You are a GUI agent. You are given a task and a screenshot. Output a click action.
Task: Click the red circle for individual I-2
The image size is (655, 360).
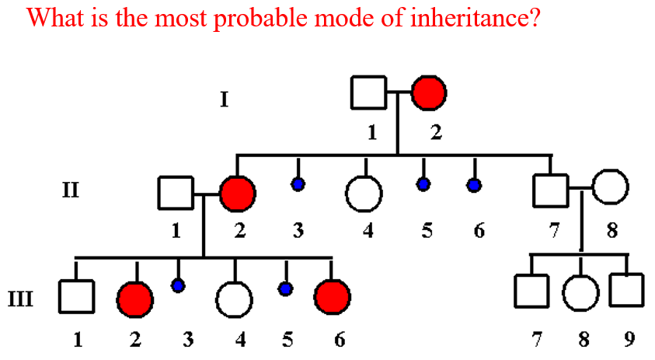430,93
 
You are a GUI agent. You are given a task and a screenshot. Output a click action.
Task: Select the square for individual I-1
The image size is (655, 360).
369,93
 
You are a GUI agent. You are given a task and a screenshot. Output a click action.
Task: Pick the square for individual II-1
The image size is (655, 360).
176,193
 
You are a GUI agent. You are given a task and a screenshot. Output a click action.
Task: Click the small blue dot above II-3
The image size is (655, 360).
298,184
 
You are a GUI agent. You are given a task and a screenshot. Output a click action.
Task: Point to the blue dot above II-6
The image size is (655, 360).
473,184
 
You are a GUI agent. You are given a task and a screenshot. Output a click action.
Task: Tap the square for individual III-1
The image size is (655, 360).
76,295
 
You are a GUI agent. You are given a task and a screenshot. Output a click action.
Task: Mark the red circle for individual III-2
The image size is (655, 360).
135,298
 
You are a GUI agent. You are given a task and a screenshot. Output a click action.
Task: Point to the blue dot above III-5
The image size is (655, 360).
286,289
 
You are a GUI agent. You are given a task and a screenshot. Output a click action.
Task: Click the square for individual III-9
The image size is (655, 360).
627,290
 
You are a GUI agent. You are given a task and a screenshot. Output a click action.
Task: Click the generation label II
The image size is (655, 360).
71,189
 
